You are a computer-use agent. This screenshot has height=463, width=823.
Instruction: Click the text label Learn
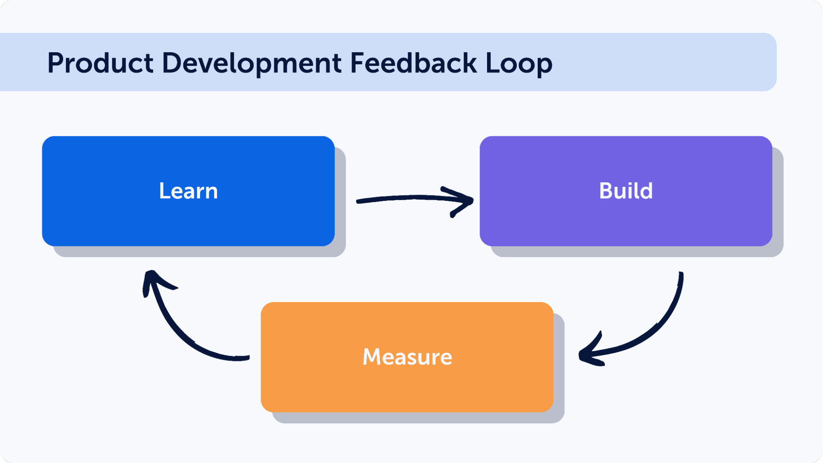(188, 191)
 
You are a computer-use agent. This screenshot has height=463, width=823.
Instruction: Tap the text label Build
(626, 191)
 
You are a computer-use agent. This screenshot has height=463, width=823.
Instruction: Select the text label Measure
(407, 357)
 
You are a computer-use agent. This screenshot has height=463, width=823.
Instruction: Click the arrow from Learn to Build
(412, 199)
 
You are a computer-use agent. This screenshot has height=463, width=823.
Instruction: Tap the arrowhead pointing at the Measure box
(589, 354)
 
